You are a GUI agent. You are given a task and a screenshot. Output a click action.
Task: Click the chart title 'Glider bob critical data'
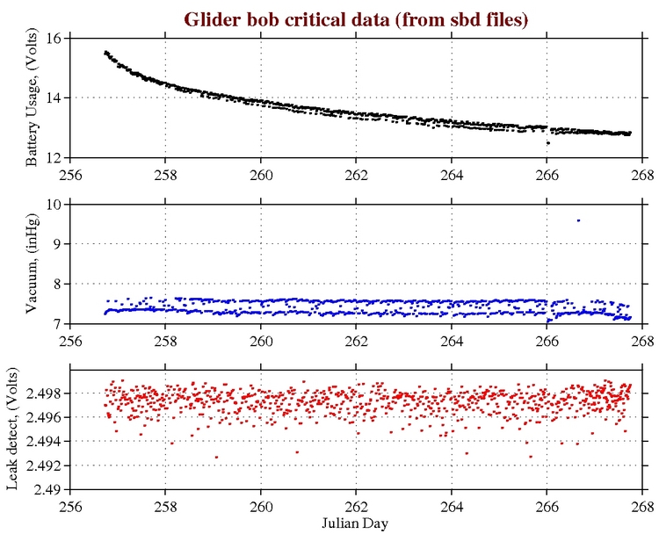tap(355, 18)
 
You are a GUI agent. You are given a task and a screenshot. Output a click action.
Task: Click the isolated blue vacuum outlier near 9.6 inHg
tap(578, 220)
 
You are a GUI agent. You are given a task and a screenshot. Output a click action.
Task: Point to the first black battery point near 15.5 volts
tap(105, 53)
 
